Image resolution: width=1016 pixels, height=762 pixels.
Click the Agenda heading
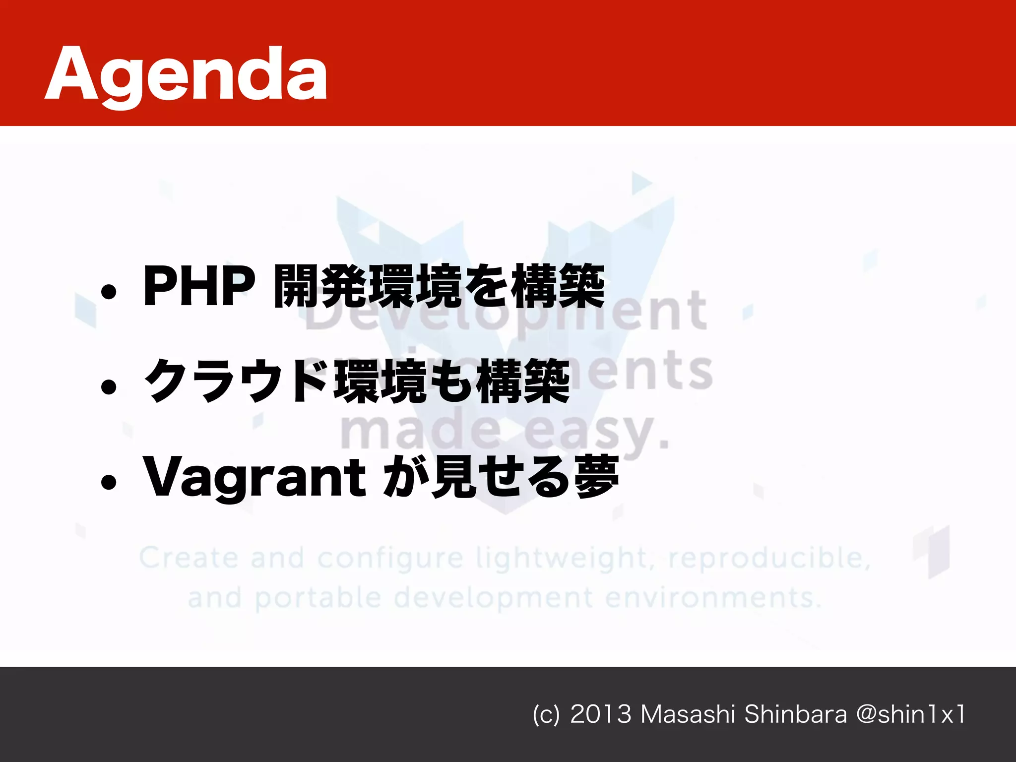(186, 74)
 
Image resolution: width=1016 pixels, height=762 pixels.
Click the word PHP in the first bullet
(198, 286)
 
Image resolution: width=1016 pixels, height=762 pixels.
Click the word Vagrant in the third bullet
(254, 477)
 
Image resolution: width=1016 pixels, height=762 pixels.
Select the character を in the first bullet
(487, 286)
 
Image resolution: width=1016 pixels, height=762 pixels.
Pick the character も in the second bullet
(452, 381)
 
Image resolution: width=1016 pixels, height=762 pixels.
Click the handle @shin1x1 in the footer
(910, 714)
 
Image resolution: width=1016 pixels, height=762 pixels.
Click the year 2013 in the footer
(601, 714)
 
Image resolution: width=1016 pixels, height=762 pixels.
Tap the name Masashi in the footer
(687, 714)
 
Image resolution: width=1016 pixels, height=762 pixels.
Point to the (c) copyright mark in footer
(546, 715)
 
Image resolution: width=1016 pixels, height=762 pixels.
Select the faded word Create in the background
(189, 558)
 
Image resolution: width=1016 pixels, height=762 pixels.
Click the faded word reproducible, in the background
(769, 559)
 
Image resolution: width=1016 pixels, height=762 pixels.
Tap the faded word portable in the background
(318, 598)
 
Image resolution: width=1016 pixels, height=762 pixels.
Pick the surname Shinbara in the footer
(795, 714)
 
